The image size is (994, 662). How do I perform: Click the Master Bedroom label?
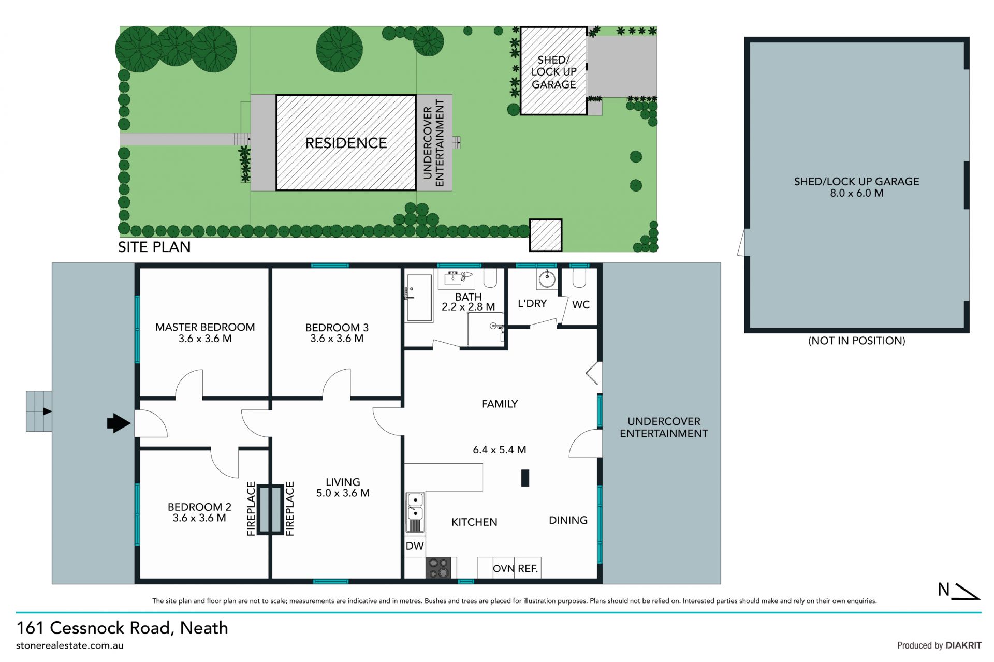[205, 327]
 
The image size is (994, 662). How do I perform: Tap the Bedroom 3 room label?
[337, 328]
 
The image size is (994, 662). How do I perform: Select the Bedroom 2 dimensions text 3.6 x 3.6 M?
[199, 518]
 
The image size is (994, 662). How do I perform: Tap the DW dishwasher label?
[415, 546]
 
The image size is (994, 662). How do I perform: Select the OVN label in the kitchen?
[504, 568]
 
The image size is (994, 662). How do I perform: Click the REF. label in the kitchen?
[528, 568]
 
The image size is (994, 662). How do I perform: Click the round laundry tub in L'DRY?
[547, 280]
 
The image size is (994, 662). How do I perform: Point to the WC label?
[581, 305]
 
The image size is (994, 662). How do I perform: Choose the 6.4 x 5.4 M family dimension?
[500, 450]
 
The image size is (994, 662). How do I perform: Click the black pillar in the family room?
[525, 478]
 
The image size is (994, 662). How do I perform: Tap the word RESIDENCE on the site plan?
[346, 143]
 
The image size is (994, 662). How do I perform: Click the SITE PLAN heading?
[154, 247]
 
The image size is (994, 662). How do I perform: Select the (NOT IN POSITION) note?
[857, 341]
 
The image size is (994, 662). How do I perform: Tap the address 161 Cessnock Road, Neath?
[122, 628]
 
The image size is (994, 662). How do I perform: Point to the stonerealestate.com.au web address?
[70, 645]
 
